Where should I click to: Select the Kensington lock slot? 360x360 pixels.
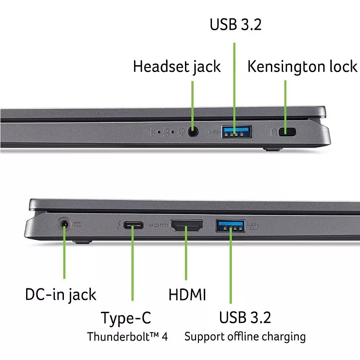click(x=287, y=132)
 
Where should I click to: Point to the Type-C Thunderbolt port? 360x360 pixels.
click(x=133, y=225)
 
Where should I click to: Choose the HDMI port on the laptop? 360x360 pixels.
click(x=186, y=226)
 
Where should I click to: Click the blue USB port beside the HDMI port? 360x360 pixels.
click(x=231, y=225)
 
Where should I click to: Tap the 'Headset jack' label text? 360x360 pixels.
click(x=177, y=67)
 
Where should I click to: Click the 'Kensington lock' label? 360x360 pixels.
click(x=302, y=67)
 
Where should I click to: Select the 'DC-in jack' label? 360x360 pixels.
click(x=60, y=295)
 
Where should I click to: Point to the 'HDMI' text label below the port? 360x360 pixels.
click(x=187, y=295)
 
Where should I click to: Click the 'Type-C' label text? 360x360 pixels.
click(x=126, y=318)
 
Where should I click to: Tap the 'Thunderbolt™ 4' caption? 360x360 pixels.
click(x=127, y=337)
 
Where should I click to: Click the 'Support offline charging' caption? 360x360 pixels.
click(x=245, y=336)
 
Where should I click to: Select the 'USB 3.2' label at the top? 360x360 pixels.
click(x=235, y=25)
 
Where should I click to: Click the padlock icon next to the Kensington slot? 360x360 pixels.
click(x=273, y=132)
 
